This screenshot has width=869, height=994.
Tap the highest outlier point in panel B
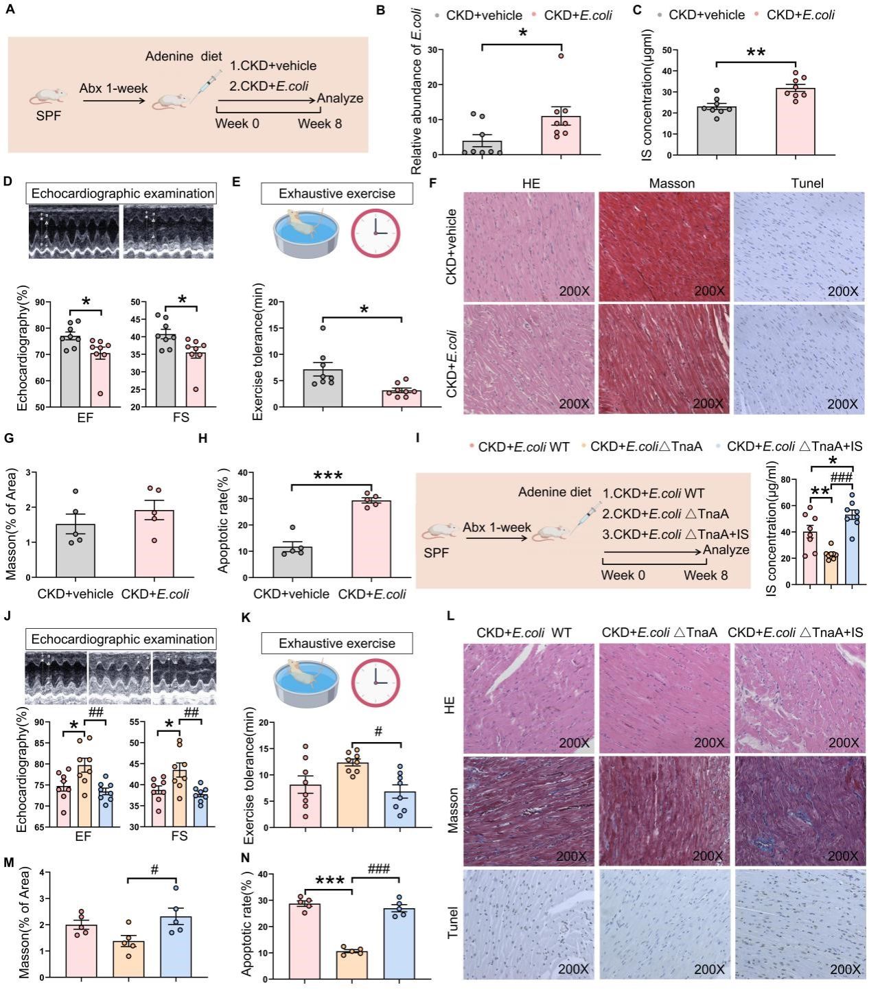coord(561,56)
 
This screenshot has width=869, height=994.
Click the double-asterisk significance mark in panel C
coord(756,53)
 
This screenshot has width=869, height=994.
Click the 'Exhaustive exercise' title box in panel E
coord(336,194)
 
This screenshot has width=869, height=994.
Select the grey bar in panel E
coord(323,389)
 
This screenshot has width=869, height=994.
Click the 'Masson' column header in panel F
coord(671,183)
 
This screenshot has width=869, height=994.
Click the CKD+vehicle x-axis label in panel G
coord(76,594)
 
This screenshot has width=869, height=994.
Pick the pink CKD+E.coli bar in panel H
coord(371,539)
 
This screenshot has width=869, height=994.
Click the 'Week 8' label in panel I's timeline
coord(706,575)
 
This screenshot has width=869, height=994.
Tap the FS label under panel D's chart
coord(181,417)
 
